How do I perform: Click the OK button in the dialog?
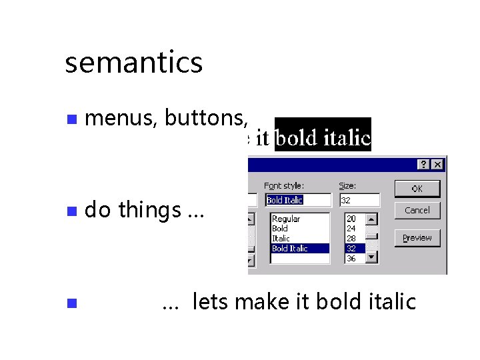[417, 189]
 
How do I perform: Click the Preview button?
[417, 238]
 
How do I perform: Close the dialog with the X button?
[437, 164]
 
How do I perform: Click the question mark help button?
[424, 164]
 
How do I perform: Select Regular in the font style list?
[286, 219]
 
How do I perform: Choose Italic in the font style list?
[281, 238]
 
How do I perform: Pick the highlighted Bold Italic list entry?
[290, 248]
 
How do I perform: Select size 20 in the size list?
[351, 219]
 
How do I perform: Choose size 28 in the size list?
[351, 238]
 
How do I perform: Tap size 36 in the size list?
[351, 258]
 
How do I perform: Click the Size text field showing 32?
[359, 200]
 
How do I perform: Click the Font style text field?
[298, 200]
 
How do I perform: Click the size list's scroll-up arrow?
[372, 218]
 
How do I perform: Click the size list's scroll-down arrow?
[372, 257]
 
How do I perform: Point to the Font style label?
[284, 186]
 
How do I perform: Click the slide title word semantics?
[133, 63]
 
